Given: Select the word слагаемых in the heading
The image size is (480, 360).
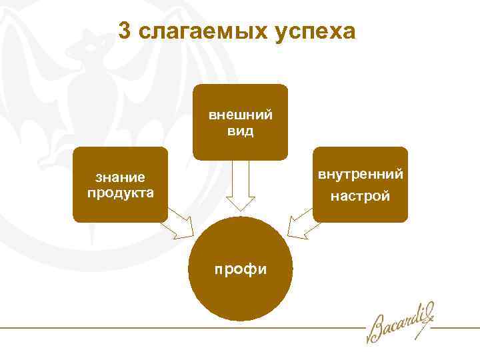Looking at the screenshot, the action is [x=200, y=31].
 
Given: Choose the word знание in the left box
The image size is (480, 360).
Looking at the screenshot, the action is [x=121, y=178].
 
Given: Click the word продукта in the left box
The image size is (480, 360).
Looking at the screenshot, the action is [x=121, y=193].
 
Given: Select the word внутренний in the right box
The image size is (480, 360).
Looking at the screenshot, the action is [x=361, y=175].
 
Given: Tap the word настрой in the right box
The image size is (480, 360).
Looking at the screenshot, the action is [x=361, y=197].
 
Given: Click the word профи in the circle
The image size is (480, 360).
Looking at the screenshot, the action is [x=240, y=269].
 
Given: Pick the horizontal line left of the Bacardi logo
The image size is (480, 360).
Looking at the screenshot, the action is [x=180, y=328].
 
